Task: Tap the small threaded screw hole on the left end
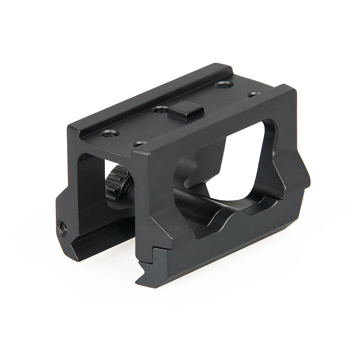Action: click(63, 228)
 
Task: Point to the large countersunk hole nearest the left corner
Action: click(109, 133)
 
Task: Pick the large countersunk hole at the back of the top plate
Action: click(224, 84)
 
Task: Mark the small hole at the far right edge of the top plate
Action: click(254, 94)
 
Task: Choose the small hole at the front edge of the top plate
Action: click(139, 144)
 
